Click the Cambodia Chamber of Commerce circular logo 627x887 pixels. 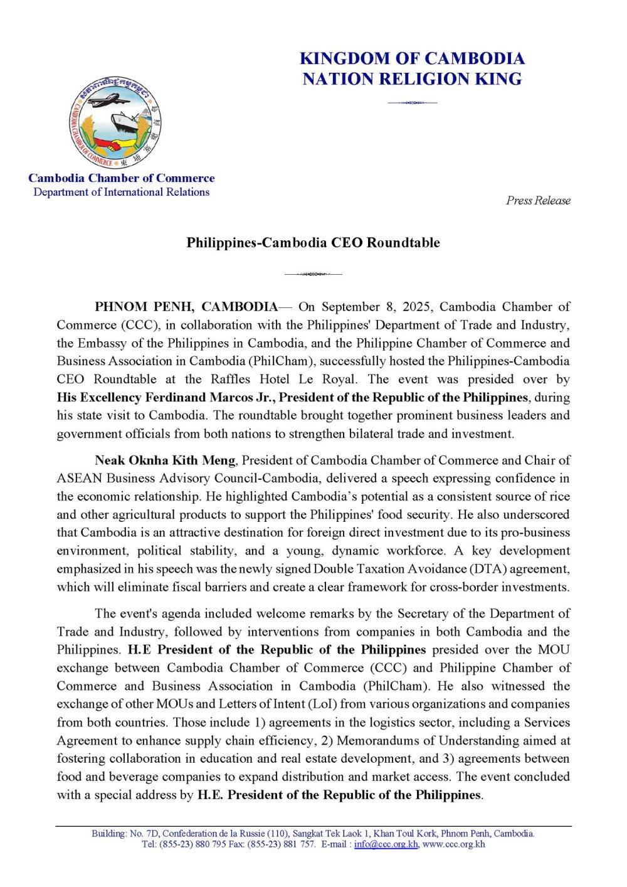click(115, 123)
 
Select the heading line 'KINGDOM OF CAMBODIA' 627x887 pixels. click(412, 58)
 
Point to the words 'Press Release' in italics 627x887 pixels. click(538, 201)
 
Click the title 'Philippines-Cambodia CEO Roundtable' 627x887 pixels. click(313, 243)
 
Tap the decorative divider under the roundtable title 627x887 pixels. click(313, 274)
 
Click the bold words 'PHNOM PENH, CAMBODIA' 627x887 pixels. click(186, 307)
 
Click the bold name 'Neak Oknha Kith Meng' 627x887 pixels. click(165, 460)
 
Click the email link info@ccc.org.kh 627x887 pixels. click(386, 844)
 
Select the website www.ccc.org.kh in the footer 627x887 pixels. click(453, 844)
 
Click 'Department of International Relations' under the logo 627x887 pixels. click(122, 192)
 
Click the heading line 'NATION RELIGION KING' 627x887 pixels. click(412, 79)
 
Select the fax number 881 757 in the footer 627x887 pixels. click(297, 844)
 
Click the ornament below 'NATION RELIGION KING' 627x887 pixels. click(412, 102)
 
